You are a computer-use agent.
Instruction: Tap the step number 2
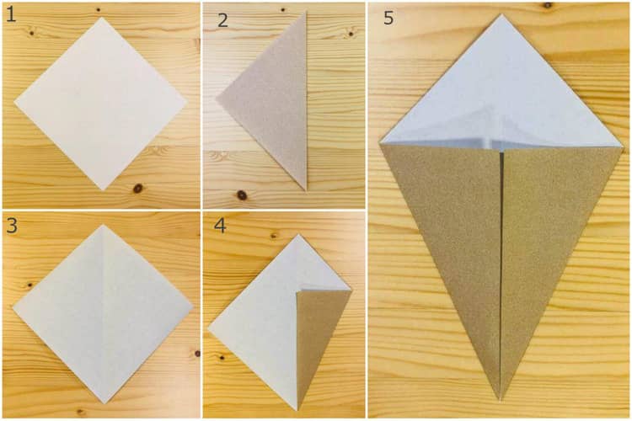point(222,19)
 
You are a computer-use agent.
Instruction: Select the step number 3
point(11,226)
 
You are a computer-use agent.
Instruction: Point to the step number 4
point(220,226)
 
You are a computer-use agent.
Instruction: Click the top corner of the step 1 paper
point(99,19)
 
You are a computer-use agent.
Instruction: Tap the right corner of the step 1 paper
point(185,105)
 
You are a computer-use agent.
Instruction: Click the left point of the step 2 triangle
point(217,100)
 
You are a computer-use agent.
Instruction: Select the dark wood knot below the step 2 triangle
point(242,195)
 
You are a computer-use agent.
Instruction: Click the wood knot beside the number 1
point(30,32)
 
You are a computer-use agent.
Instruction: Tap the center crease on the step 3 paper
point(102,312)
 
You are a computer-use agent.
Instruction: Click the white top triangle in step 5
point(501,93)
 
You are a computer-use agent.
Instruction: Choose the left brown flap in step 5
point(455,227)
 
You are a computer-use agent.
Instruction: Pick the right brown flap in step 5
point(548,227)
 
